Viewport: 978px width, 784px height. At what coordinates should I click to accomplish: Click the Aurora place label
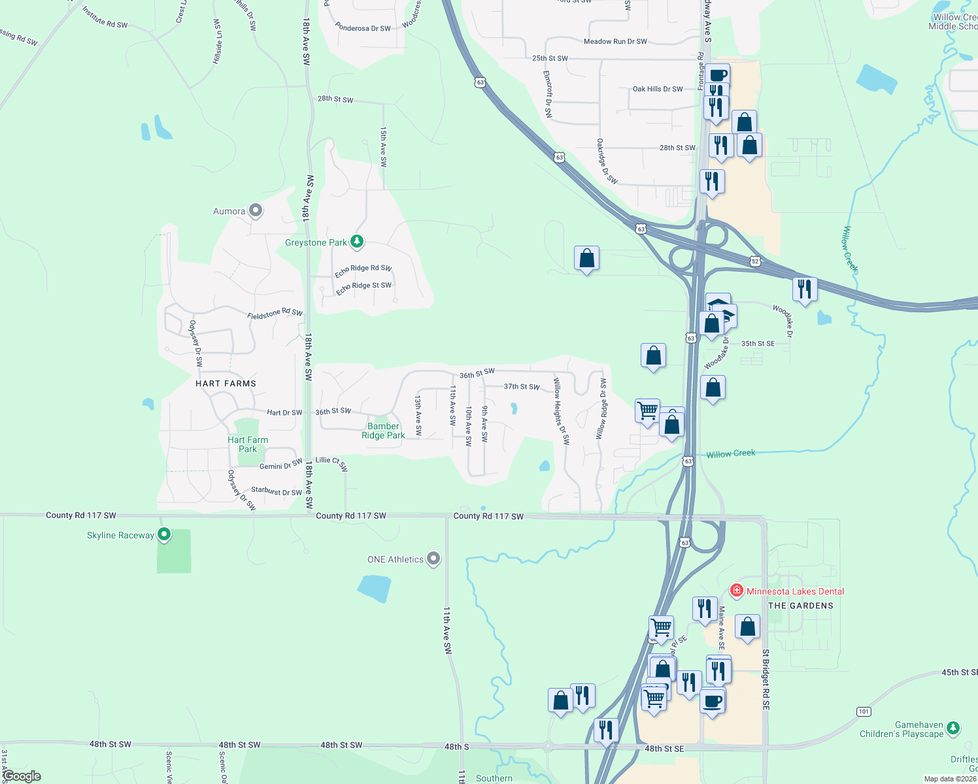229,211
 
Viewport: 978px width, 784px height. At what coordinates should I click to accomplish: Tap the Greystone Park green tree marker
356,242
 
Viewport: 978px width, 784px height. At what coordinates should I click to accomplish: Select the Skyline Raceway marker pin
164,535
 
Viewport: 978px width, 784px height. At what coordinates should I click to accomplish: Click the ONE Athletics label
396,559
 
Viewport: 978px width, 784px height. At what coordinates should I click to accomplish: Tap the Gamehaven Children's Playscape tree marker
953,727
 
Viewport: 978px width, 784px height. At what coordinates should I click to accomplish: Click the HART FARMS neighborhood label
226,384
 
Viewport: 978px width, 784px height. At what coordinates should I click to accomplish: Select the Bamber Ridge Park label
383,431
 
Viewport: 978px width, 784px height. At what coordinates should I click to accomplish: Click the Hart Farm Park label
248,444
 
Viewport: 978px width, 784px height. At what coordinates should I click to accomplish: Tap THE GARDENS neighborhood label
801,606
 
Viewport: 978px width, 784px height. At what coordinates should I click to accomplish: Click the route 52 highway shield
755,261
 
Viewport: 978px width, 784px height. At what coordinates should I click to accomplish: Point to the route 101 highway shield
864,711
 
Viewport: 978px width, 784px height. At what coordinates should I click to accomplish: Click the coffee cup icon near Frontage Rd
717,75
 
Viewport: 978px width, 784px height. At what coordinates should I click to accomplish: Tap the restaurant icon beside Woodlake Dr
805,289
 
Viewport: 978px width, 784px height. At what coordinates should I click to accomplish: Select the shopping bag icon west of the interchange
586,258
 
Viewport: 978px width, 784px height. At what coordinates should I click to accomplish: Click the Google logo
22,776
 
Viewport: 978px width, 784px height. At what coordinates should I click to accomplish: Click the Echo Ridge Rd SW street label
363,269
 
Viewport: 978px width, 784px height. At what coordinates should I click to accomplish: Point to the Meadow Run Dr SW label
615,42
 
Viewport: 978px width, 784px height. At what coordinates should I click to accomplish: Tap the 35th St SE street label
758,344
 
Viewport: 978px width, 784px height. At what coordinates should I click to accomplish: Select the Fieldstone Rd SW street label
275,314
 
